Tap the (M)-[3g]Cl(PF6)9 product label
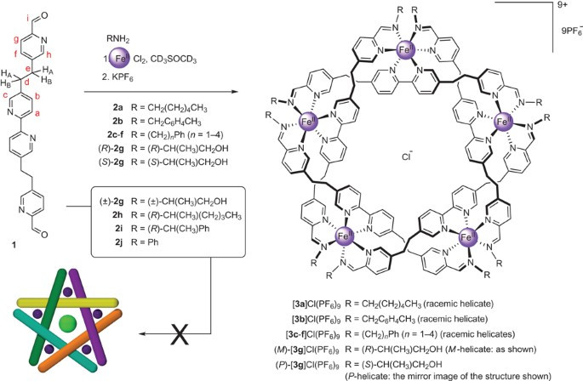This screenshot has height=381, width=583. [358, 350]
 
